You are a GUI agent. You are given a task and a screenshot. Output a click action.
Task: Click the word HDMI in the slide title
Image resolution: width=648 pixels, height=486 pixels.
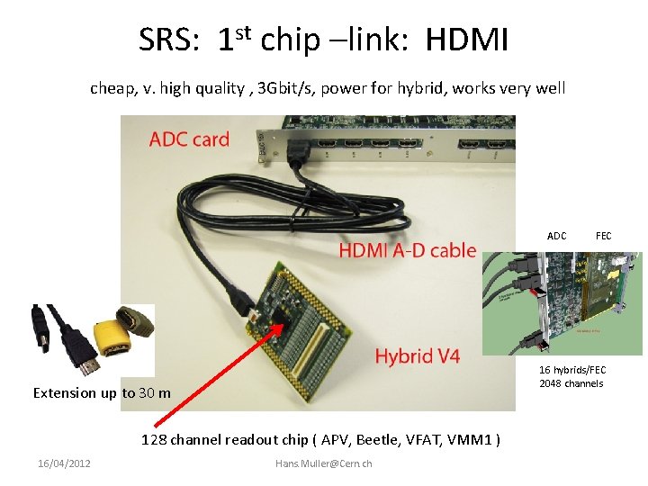pos(467,40)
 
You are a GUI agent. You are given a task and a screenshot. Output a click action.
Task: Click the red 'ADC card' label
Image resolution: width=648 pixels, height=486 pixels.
pos(189,139)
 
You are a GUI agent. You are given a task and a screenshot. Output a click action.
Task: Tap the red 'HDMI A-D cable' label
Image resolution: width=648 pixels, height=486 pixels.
pos(408,250)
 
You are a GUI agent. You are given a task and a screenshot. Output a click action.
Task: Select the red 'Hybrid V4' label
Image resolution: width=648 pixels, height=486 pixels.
pos(417,356)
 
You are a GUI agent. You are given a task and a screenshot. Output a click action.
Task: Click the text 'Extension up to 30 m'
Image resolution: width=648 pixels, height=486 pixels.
pos(102,392)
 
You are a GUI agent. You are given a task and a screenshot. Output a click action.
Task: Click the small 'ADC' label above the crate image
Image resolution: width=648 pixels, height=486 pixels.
pos(557,236)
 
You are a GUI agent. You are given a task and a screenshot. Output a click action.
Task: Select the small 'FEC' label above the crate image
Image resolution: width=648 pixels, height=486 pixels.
pos(603,236)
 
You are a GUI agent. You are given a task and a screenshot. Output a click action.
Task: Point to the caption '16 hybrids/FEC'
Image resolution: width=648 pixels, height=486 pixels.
pos(572,371)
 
